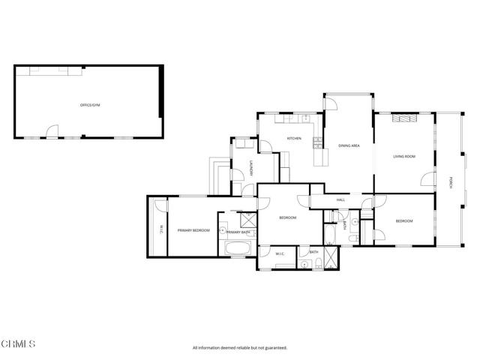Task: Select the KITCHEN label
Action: point(294,138)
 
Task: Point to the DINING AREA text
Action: point(349,145)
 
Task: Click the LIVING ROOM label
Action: point(404,156)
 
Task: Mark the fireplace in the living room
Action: point(404,118)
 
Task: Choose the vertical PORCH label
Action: point(451,182)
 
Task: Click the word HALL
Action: point(340,199)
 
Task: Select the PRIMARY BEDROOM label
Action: point(193,230)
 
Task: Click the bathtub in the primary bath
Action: point(240,248)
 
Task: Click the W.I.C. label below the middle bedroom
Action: point(280,254)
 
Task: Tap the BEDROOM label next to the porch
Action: point(404,220)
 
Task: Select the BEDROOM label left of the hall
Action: point(288,217)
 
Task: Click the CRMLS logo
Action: point(18,343)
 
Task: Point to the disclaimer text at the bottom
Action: point(240,347)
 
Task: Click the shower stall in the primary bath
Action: point(247,220)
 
